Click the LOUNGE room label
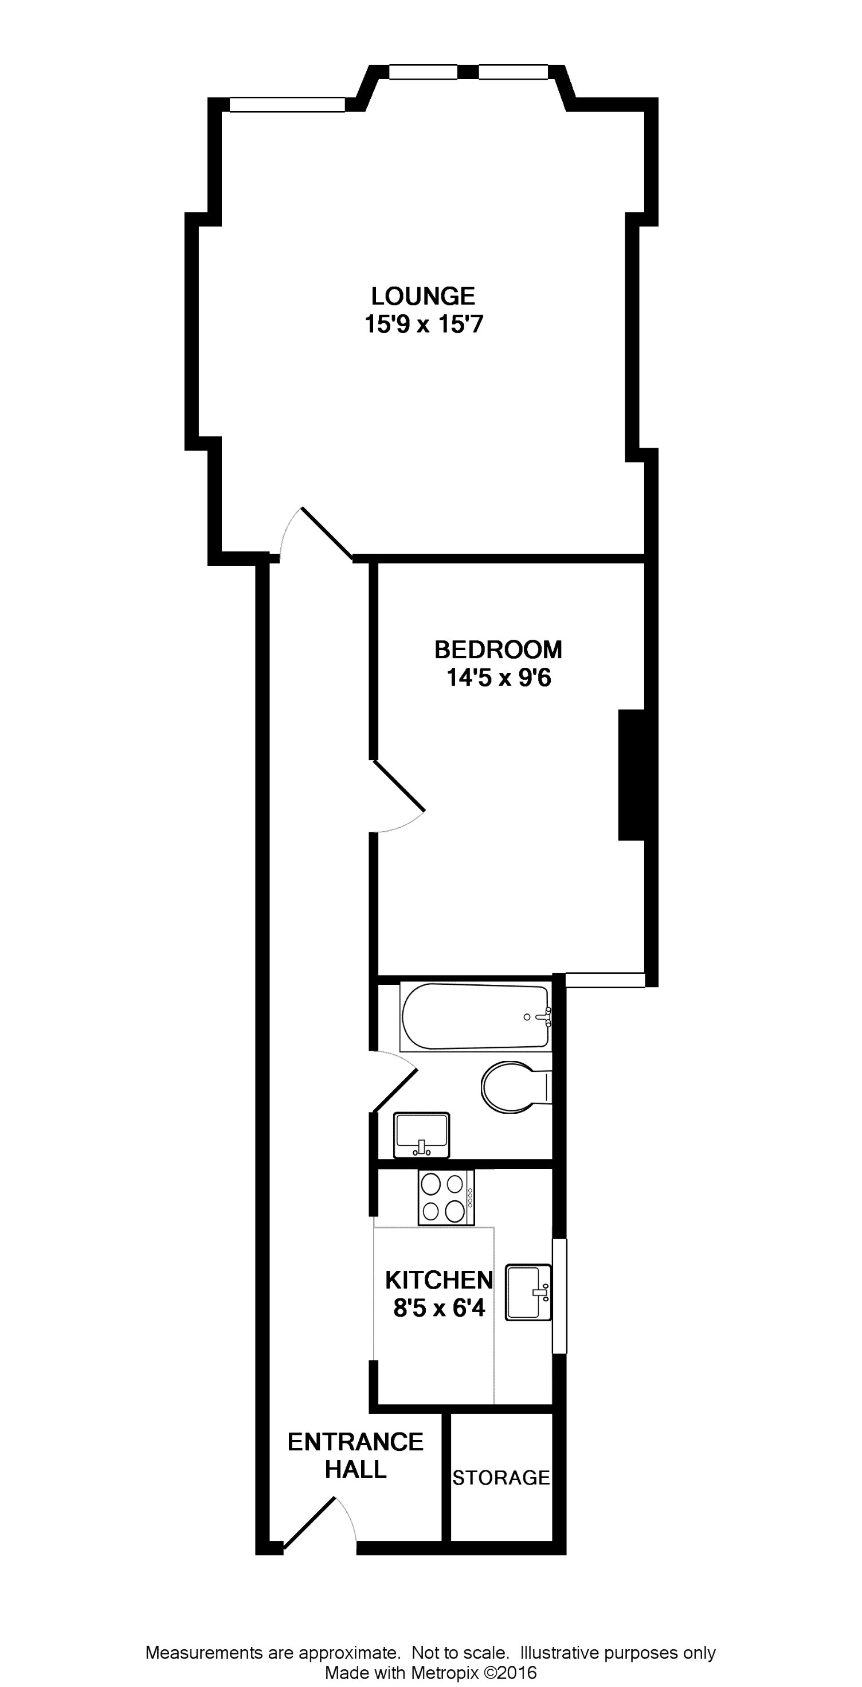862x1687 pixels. point(423,297)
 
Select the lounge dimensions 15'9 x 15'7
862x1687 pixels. point(424,324)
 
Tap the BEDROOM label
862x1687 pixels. point(499,649)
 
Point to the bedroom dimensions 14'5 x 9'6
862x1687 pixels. point(499,678)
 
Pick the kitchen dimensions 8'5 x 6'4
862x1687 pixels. point(439,1308)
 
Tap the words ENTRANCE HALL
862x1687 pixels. point(356,1455)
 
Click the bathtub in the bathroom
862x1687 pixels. point(476,1017)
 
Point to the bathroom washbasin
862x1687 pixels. point(421,1135)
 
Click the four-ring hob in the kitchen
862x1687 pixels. point(446,1197)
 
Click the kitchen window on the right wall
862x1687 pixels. point(559,1295)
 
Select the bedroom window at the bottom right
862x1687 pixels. point(605,980)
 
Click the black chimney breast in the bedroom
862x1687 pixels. point(632,775)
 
